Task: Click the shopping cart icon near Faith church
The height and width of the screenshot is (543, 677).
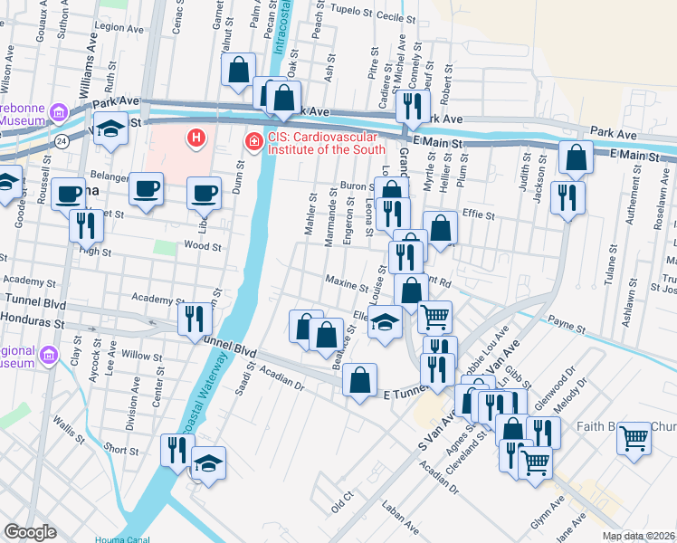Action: point(634,439)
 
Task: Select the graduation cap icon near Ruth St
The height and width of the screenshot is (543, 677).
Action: point(110,129)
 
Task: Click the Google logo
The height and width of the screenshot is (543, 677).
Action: point(30,532)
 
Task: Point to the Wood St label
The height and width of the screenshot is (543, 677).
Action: point(203,245)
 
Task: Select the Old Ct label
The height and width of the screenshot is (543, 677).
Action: point(341,503)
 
